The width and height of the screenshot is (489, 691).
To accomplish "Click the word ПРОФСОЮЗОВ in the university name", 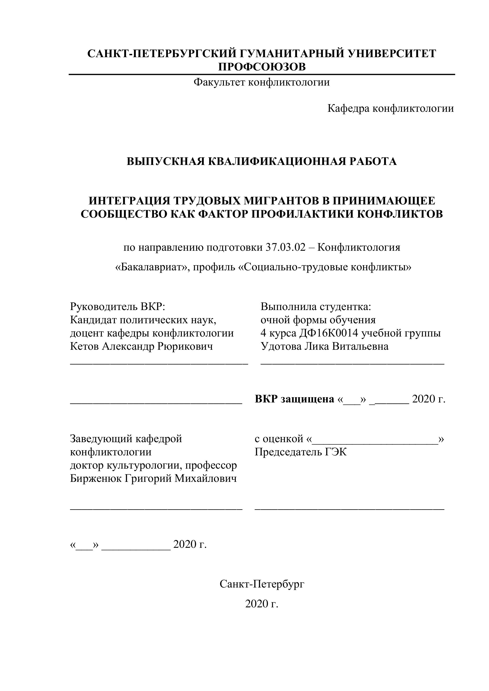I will tap(262, 67).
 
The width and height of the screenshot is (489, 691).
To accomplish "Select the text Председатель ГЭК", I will tap(301, 452).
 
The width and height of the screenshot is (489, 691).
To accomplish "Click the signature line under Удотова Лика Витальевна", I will tap(352, 363).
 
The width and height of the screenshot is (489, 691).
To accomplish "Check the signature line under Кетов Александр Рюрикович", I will tap(159, 363).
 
